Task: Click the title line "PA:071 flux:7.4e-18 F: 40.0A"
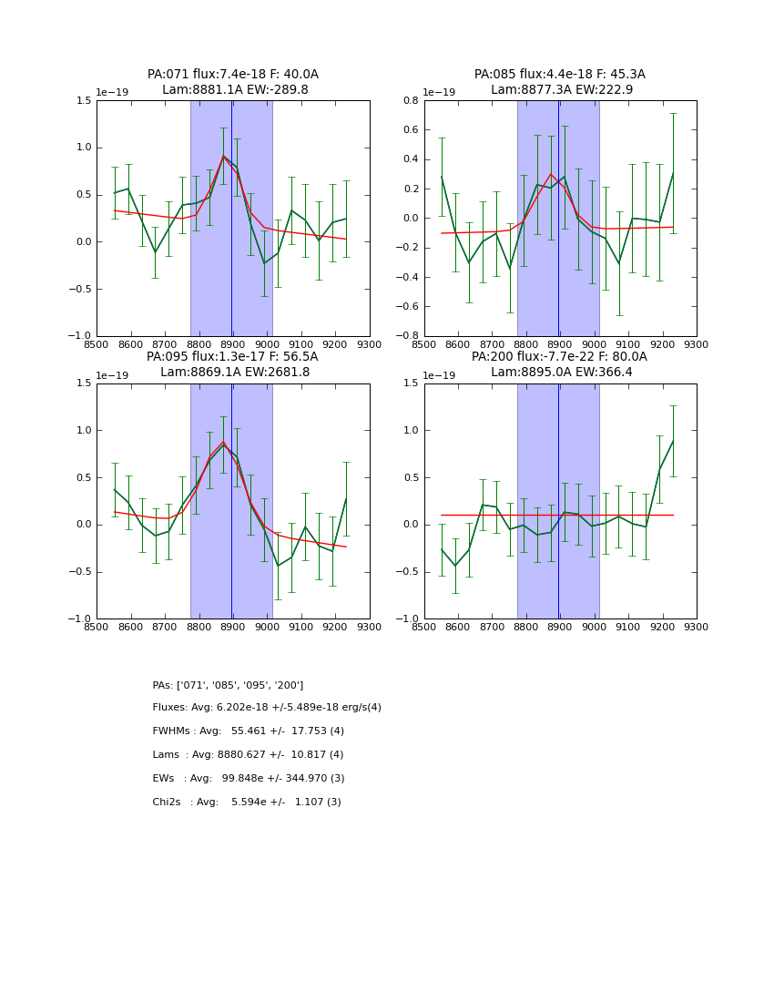[233, 75]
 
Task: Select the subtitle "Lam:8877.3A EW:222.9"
[560, 90]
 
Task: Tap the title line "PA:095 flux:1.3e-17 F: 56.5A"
[232, 357]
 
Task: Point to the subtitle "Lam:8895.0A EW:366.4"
[560, 373]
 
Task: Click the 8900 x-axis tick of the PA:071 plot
[233, 345]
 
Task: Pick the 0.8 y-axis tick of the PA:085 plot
[411, 100]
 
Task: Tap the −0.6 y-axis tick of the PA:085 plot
[407, 306]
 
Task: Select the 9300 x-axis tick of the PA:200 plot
[697, 628]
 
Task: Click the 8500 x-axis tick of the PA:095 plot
[97, 628]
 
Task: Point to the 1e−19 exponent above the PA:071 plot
[114, 92]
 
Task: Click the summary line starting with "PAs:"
[228, 685]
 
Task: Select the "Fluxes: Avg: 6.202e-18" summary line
[267, 708]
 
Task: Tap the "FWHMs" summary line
[248, 731]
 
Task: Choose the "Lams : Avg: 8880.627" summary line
[248, 755]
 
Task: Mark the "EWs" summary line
[248, 779]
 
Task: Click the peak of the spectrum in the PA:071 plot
[223, 156]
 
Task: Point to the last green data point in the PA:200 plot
[673, 441]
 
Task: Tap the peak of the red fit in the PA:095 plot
[223, 441]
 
